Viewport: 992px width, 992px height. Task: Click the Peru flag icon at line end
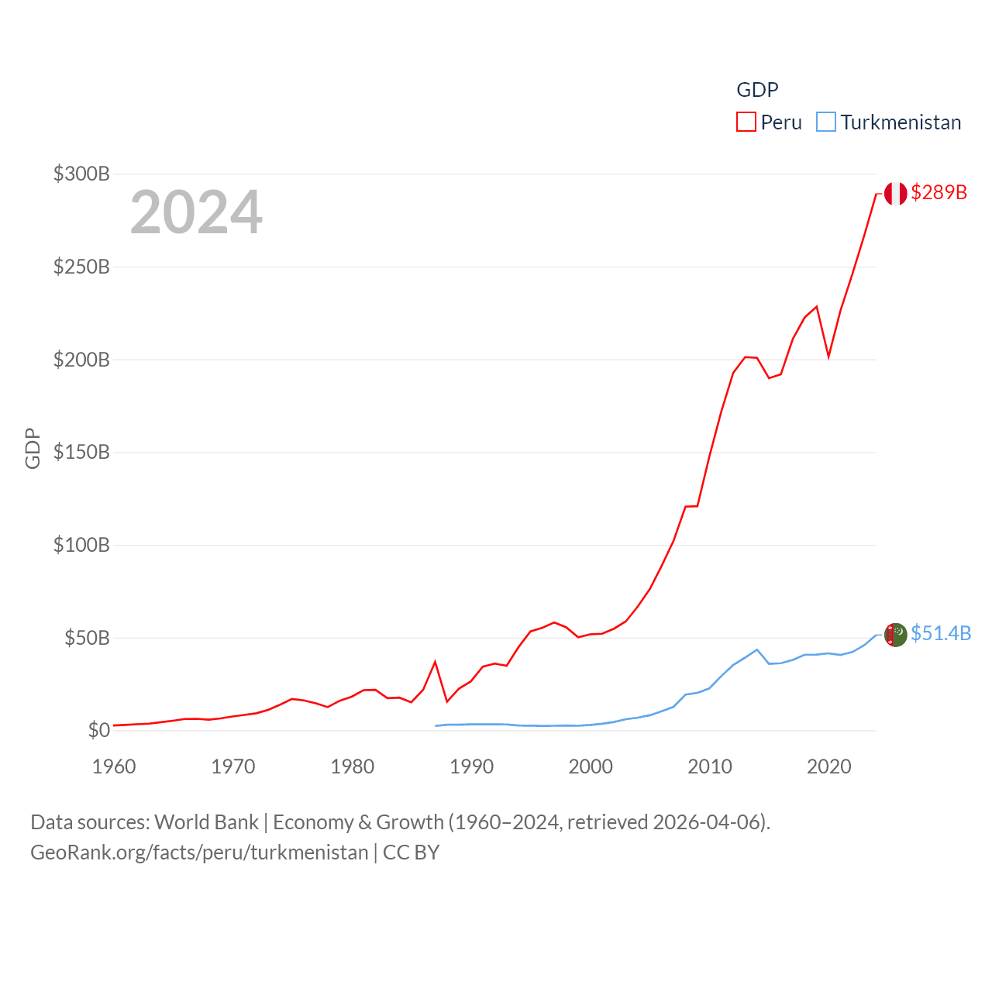tap(895, 193)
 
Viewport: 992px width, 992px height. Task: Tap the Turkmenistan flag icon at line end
tap(895, 634)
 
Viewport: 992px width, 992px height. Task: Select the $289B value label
tap(939, 192)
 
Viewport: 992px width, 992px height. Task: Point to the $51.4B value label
tap(940, 633)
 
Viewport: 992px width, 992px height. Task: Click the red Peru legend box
tap(746, 122)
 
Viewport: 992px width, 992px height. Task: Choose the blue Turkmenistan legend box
tap(826, 122)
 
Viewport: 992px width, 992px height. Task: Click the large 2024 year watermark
tap(196, 212)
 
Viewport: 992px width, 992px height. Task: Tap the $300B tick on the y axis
tap(81, 174)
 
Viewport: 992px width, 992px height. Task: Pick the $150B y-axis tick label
tap(81, 452)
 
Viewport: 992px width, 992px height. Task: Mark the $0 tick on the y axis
tap(98, 730)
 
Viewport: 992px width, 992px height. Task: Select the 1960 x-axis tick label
tap(114, 766)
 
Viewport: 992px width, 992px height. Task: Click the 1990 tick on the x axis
tap(471, 766)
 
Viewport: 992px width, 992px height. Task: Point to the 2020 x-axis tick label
tap(828, 766)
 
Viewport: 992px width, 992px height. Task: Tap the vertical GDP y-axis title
tap(33, 448)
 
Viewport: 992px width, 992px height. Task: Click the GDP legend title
tap(757, 90)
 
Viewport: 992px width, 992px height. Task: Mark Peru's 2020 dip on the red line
tap(828, 356)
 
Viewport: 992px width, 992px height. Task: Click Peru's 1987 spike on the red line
tap(435, 662)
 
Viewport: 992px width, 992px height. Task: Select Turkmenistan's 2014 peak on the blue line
tap(757, 649)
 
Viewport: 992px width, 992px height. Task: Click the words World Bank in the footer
tap(206, 821)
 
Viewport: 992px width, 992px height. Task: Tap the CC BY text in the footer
tap(412, 852)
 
